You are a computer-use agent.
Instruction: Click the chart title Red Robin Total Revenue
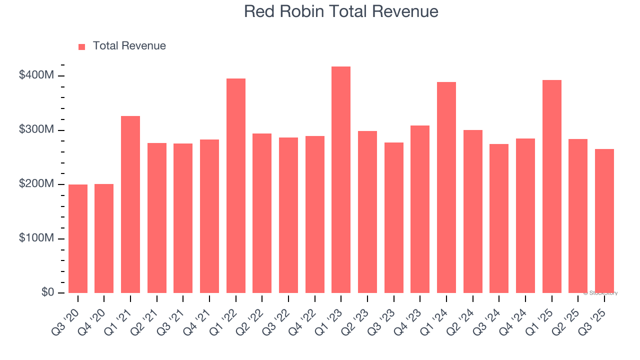click(341, 11)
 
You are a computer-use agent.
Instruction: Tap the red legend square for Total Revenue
click(82, 46)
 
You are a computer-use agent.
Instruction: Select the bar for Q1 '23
click(341, 179)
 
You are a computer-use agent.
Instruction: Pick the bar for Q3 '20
click(78, 238)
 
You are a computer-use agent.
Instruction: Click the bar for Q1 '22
click(236, 185)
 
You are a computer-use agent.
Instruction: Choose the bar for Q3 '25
click(604, 220)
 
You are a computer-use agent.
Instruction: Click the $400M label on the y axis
click(36, 75)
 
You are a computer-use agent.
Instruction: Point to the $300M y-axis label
click(36, 130)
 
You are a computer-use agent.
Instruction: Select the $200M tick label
click(36, 184)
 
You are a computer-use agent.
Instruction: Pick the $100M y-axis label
click(36, 238)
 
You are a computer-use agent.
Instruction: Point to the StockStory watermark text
click(600, 293)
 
